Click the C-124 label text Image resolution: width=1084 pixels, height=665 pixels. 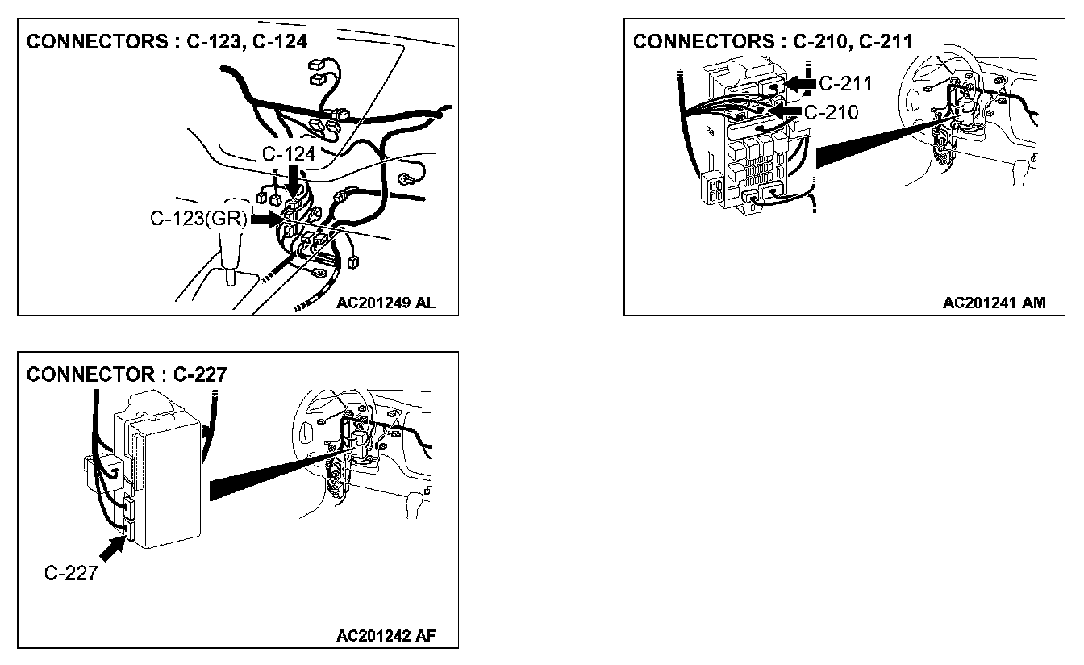tap(287, 153)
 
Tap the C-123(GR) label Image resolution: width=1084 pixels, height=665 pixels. tap(200, 219)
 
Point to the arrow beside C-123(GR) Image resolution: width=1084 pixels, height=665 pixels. tap(264, 219)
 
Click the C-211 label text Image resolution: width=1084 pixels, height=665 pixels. tap(845, 83)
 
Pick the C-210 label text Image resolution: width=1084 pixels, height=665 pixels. tap(832, 111)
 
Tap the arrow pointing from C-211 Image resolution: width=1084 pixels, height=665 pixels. tap(799, 83)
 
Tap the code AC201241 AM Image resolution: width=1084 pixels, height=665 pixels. tap(994, 303)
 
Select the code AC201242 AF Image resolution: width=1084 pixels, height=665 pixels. tap(386, 635)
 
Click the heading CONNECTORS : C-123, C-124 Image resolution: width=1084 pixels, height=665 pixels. tap(167, 42)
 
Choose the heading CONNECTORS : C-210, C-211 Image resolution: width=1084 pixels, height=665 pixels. tap(772, 42)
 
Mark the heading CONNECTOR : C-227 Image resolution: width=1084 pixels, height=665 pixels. tap(127, 374)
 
